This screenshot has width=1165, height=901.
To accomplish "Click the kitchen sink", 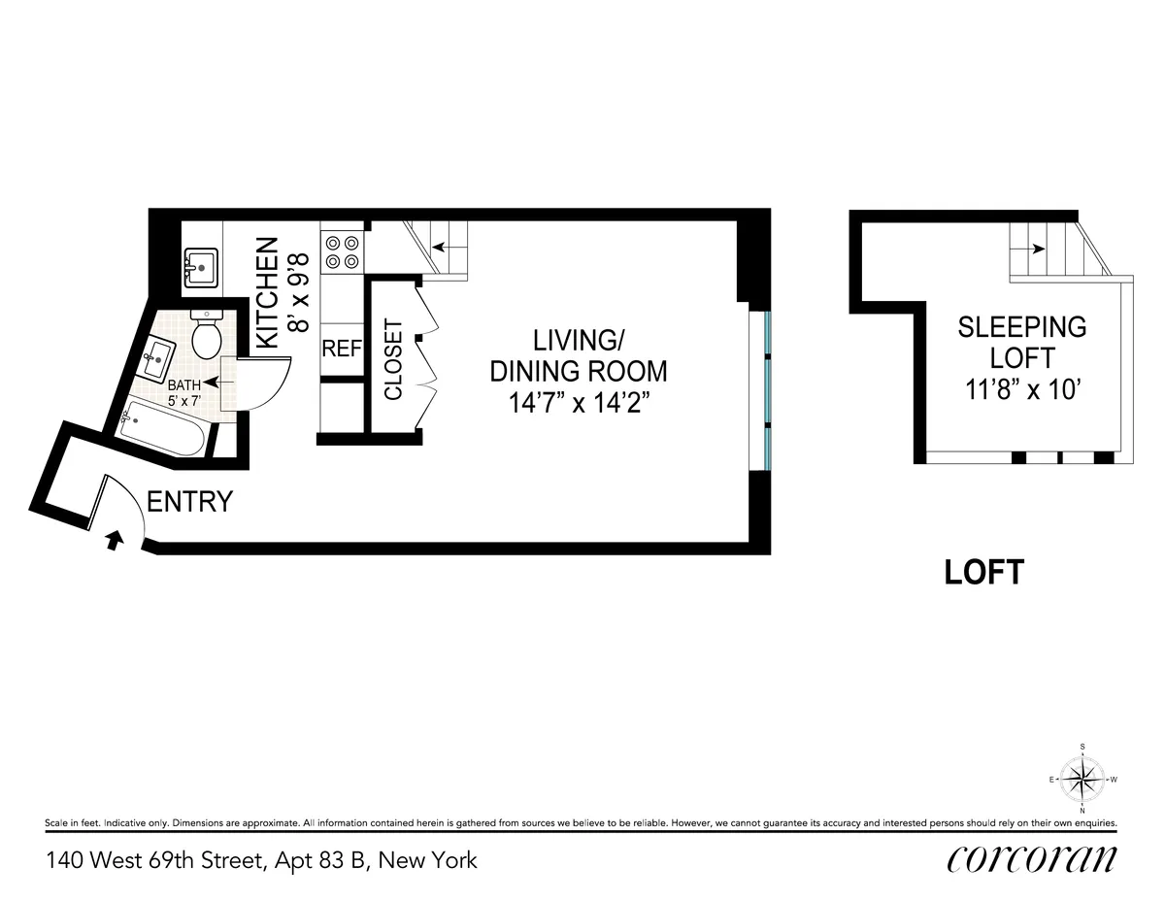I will (x=201, y=265).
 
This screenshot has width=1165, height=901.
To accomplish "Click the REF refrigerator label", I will (x=342, y=348).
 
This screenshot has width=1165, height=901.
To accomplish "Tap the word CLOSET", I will (x=393, y=360).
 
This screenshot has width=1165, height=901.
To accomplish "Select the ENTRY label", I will (x=189, y=502).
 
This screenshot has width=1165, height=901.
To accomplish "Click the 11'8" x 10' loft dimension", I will (x=1022, y=391).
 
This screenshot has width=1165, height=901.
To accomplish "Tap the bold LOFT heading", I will (x=983, y=573).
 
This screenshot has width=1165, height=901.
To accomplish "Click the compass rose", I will (x=1082, y=778).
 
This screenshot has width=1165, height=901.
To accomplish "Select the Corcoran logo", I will (x=1031, y=859).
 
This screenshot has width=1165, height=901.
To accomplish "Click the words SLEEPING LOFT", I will (x=1022, y=342).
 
